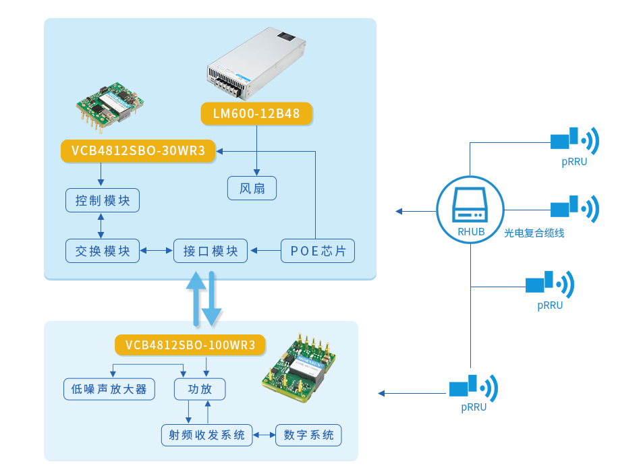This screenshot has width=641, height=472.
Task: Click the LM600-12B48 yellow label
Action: pyautogui.click(x=256, y=114)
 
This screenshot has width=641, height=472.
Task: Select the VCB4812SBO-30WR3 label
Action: pyautogui.click(x=138, y=151)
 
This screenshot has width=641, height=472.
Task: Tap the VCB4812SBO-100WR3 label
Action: pyautogui.click(x=190, y=345)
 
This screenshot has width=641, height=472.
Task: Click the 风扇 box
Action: pyautogui.click(x=252, y=188)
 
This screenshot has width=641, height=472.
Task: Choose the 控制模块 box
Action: pyautogui.click(x=103, y=200)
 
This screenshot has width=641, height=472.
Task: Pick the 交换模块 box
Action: pyautogui.click(x=103, y=251)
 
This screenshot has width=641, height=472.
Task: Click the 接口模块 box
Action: pyautogui.click(x=211, y=251)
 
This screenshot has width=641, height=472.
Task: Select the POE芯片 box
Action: pyautogui.click(x=318, y=251)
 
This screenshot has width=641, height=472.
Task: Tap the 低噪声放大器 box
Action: pyautogui.click(x=109, y=389)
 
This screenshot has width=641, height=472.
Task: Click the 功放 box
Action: pyautogui.click(x=200, y=389)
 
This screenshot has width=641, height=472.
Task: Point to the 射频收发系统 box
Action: pyautogui.click(x=206, y=435)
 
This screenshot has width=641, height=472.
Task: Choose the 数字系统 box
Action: pyautogui.click(x=308, y=435)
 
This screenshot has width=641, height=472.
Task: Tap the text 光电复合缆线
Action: pyautogui.click(x=534, y=233)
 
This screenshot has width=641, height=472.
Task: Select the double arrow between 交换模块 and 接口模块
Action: pyautogui.click(x=157, y=251)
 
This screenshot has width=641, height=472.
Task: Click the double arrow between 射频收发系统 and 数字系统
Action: pyautogui.click(x=264, y=435)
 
